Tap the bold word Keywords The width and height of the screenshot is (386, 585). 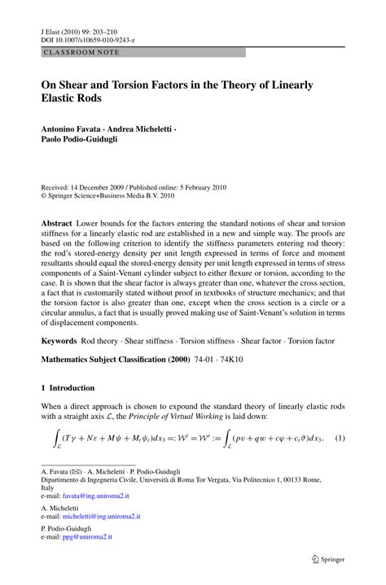(62, 337)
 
